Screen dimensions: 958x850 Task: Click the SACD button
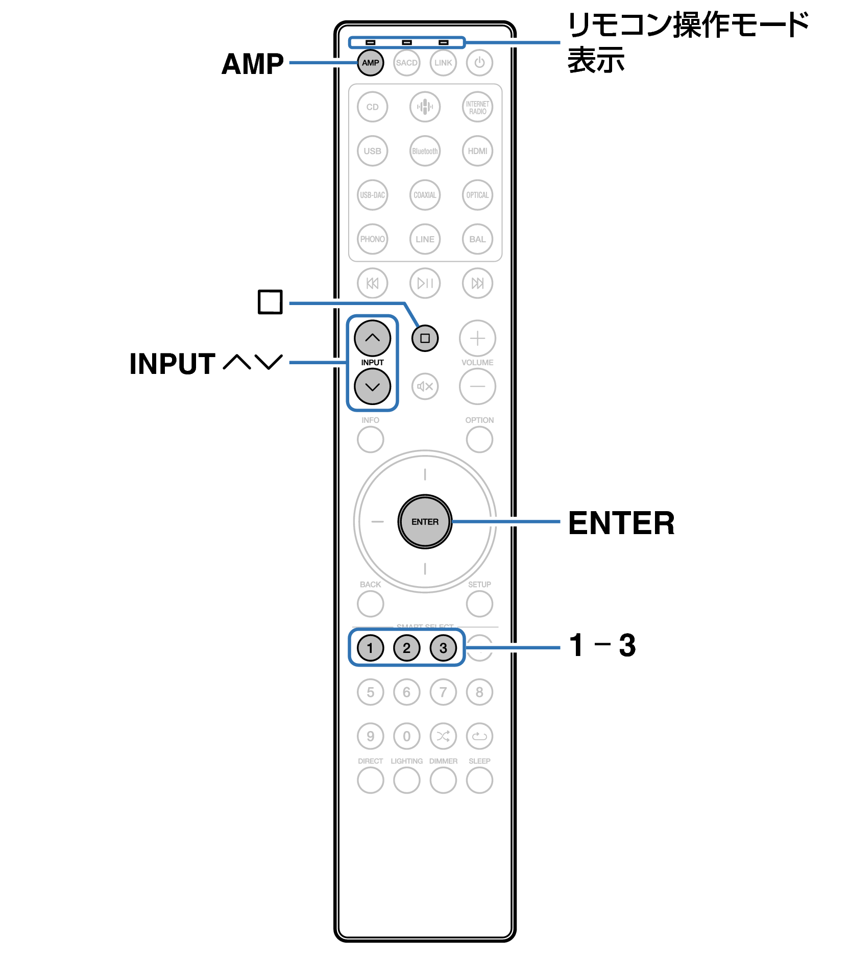pyautogui.click(x=406, y=63)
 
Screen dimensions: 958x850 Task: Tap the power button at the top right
pyautogui.click(x=479, y=63)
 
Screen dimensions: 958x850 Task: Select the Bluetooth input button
pyautogui.click(x=425, y=151)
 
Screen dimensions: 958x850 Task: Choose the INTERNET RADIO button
pyautogui.click(x=477, y=107)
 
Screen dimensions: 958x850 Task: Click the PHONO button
pyautogui.click(x=372, y=239)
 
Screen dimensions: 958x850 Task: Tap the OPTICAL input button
pyautogui.click(x=477, y=195)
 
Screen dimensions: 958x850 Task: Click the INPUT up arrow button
pyautogui.click(x=372, y=338)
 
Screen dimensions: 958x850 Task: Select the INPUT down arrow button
pyautogui.click(x=372, y=387)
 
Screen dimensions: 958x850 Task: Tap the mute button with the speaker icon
pyautogui.click(x=425, y=387)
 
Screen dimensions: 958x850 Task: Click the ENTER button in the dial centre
pyautogui.click(x=425, y=522)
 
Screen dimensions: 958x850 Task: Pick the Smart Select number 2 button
pyautogui.click(x=406, y=648)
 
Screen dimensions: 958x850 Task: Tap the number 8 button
pyautogui.click(x=479, y=692)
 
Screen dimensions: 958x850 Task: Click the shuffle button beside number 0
pyautogui.click(x=443, y=736)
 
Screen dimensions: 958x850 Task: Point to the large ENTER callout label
pyautogui.click(x=621, y=523)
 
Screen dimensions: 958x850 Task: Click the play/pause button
pyautogui.click(x=425, y=283)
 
